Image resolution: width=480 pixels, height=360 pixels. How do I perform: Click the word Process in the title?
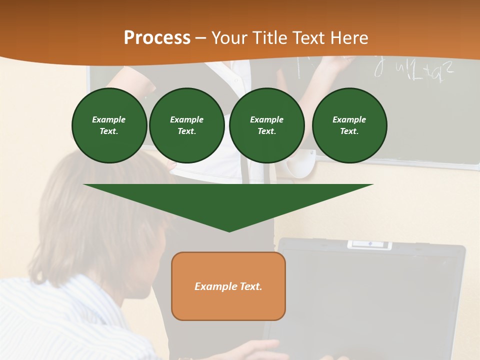pos(157,38)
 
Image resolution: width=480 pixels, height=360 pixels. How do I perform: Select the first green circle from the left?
pos(109,125)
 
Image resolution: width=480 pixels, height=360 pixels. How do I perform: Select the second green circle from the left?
pos(187,125)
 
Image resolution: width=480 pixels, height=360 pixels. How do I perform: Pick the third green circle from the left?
pos(266,125)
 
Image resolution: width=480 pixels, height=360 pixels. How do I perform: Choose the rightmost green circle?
pos(349,125)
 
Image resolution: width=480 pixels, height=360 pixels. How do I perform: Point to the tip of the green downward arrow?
pos(229,230)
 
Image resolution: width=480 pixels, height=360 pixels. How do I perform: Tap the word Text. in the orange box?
pos(250,286)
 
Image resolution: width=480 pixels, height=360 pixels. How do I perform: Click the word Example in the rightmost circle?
pos(349,119)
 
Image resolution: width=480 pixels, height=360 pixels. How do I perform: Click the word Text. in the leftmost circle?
pos(109,131)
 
